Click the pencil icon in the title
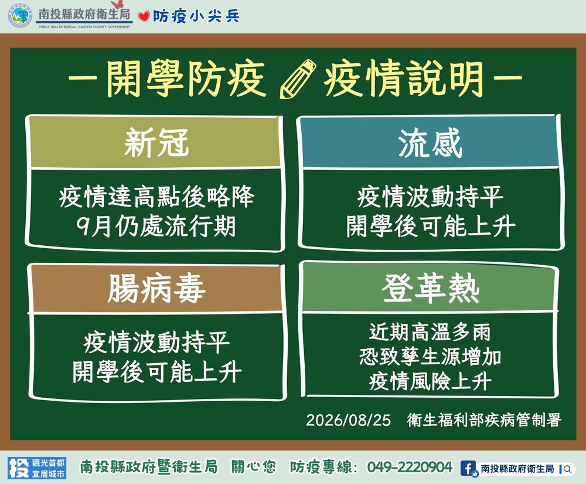[x=298, y=79]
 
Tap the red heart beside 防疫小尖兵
[x=144, y=16]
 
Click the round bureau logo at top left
[x=20, y=15]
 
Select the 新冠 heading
[x=156, y=143]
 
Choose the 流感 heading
[x=430, y=143]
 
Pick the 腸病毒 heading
[x=156, y=289]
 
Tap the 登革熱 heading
[x=430, y=288]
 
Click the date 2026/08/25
[x=348, y=420]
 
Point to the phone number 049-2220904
[x=410, y=467]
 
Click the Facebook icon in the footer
[x=468, y=468]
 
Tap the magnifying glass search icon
[x=568, y=469]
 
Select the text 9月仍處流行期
[x=156, y=226]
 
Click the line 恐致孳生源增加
[x=430, y=357]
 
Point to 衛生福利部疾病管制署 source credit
[x=484, y=420]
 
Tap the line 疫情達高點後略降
[x=156, y=197]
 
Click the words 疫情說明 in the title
[x=404, y=79]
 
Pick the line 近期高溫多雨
[x=430, y=332]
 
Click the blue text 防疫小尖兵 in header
[x=196, y=16]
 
